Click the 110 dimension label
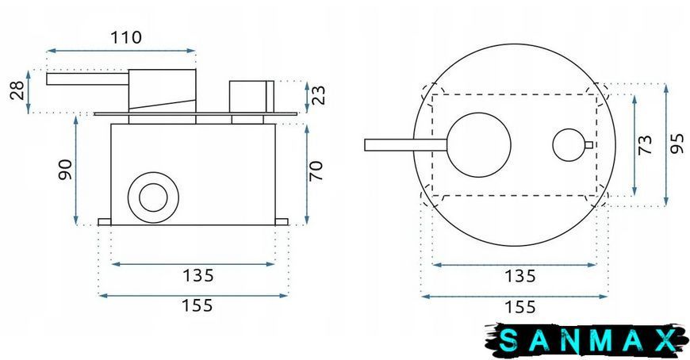[x=126, y=37]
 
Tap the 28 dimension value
[x=17, y=90]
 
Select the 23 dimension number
[x=318, y=95]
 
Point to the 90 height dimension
[x=65, y=170]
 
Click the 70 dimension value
[x=316, y=170]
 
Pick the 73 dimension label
[x=645, y=144]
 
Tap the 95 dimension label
[x=677, y=144]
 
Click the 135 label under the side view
[x=198, y=275]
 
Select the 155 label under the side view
[x=197, y=305]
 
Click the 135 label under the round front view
[x=519, y=277]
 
